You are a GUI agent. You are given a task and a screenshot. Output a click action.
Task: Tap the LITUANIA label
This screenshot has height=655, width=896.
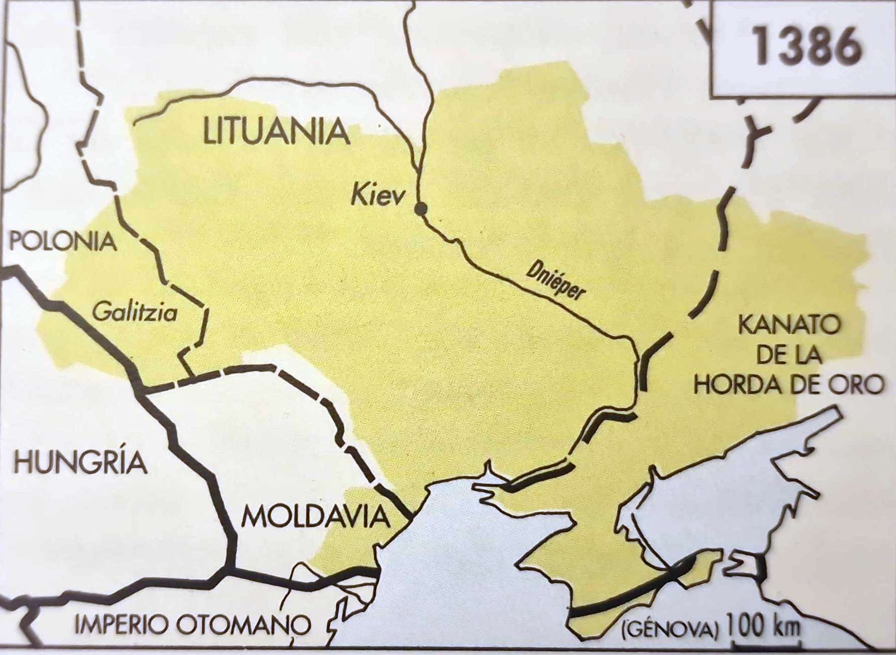pos(276,132)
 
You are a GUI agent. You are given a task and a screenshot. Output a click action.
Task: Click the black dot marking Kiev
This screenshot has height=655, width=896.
pos(421,209)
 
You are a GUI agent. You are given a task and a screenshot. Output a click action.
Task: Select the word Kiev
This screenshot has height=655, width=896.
pos(378,194)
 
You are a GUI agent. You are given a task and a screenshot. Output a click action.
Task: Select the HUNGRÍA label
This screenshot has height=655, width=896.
pos(80,462)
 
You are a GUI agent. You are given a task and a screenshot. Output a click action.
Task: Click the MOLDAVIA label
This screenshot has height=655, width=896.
pos(316,516)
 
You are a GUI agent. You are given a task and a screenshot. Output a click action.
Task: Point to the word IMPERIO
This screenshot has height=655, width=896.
pos(121,625)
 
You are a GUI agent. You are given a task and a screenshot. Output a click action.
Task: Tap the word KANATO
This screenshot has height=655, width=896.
pos(789,326)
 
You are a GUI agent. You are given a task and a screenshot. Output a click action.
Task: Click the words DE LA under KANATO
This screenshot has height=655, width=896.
pos(788,355)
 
